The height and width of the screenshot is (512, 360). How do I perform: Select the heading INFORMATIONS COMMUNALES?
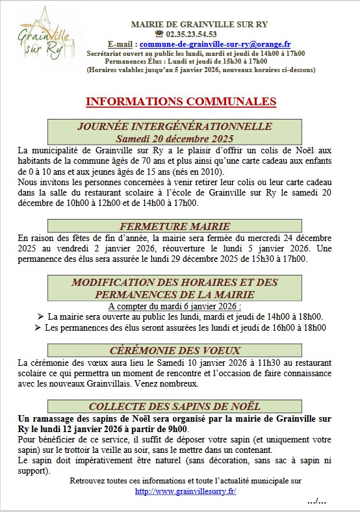click(x=181, y=101)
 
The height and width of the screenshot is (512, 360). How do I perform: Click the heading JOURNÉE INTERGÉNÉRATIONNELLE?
click(x=174, y=127)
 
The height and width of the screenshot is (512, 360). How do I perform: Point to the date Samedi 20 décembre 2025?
click(x=174, y=138)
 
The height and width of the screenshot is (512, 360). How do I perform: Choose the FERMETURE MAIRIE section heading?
click(x=175, y=226)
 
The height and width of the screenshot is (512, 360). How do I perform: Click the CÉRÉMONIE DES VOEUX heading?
click(x=175, y=350)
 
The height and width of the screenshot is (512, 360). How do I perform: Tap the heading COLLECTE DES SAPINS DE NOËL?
click(x=175, y=406)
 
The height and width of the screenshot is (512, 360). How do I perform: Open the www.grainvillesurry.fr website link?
click(x=183, y=492)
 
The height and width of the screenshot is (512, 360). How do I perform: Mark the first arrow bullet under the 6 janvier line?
click(x=42, y=316)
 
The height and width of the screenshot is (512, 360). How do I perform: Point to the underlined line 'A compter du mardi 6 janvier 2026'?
click(x=175, y=305)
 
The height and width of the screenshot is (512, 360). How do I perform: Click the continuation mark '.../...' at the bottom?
click(x=316, y=502)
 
